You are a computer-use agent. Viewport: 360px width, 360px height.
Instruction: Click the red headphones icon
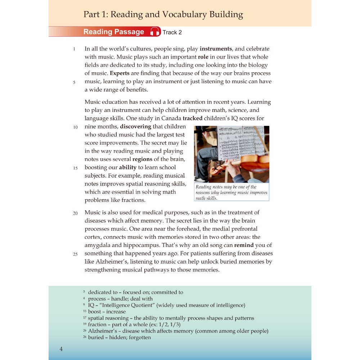(155, 32)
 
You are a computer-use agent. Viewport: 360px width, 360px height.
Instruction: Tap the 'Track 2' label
(172, 32)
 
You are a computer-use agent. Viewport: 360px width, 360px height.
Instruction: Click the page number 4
(61, 349)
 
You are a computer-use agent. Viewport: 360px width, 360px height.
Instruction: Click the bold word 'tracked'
(193, 118)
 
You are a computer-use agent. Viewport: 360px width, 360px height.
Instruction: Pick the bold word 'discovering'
(135, 126)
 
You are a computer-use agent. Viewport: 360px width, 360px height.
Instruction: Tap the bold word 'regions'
(142, 159)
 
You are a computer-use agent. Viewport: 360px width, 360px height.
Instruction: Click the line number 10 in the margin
(76, 127)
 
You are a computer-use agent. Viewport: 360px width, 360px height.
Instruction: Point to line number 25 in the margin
(75, 254)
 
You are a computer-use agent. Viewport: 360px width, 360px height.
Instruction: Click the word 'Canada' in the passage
(170, 118)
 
